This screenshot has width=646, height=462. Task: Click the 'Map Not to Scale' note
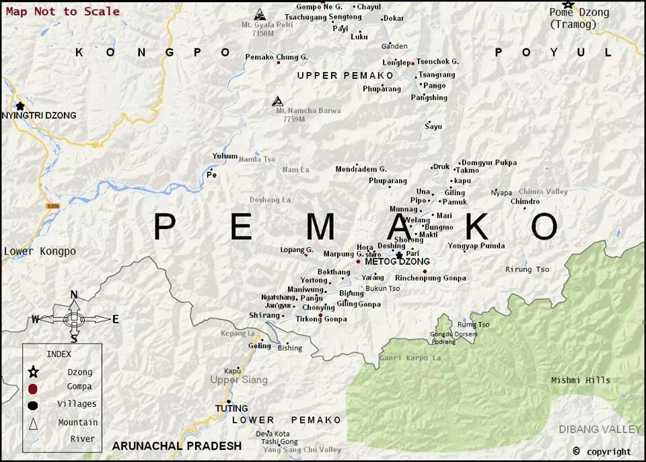[63, 11]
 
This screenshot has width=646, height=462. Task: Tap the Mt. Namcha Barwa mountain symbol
[277, 101]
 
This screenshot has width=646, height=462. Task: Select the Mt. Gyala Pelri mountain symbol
[259, 15]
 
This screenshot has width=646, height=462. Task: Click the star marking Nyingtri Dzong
[20, 106]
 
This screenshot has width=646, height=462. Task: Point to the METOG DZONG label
[397, 262]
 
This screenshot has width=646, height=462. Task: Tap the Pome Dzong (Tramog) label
[579, 18]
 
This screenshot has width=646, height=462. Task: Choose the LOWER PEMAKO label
[287, 420]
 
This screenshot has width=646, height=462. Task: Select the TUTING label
[231, 408]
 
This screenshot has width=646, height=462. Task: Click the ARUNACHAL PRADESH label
[177, 446]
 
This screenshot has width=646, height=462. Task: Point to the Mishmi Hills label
[581, 381]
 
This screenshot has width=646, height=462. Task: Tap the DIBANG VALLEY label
[600, 429]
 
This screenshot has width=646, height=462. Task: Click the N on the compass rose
[74, 294]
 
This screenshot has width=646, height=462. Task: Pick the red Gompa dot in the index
[33, 388]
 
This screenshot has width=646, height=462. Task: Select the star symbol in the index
[33, 372]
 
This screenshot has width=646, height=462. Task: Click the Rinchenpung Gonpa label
[430, 278]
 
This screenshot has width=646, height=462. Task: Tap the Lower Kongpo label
[40, 252]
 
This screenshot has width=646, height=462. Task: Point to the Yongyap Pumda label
[476, 246]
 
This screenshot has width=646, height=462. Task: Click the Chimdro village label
[525, 201]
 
